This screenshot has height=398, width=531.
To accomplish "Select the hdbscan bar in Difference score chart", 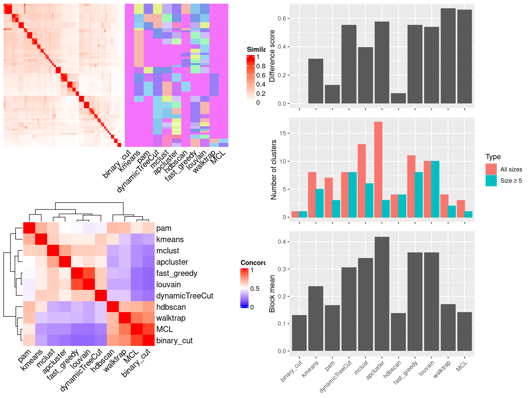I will [x=398, y=99].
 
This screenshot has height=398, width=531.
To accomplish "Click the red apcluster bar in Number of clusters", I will [x=378, y=169].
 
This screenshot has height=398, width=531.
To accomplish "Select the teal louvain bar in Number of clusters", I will [x=435, y=189].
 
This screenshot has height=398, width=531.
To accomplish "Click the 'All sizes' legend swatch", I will [x=491, y=169].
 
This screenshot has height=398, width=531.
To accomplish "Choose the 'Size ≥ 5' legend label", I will [x=511, y=181].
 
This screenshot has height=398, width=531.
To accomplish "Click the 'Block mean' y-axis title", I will [x=272, y=294].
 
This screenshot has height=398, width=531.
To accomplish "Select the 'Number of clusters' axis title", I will [x=274, y=169].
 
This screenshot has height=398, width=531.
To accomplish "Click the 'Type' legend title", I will [x=493, y=157].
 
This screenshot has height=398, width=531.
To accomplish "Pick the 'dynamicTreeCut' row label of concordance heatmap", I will [x=185, y=296].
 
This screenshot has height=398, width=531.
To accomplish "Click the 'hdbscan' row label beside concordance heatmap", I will [x=171, y=307].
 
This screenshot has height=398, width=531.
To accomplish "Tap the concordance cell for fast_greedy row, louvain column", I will [x=89, y=273].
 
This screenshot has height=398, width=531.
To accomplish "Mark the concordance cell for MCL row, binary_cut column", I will [x=149, y=329].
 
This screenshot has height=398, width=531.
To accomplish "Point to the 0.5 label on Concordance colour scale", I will [x=255, y=289].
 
